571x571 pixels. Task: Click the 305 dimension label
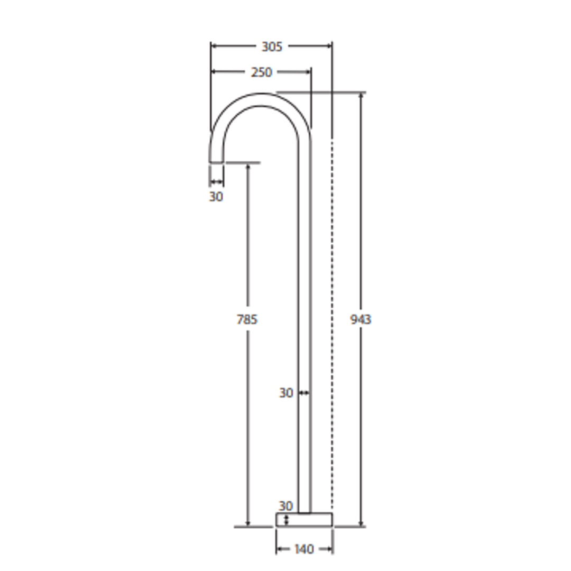coord(272,47)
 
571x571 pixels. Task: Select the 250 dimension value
coord(261,72)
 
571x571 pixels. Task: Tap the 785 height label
coord(247,319)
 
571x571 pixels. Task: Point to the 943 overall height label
coord(361,319)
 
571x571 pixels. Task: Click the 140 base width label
coord(303,549)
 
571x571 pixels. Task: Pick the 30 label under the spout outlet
coord(216,197)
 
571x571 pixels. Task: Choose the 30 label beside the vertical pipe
coord(286,393)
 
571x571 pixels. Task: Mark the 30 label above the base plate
coord(285,506)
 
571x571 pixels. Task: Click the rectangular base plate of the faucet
coord(304,520)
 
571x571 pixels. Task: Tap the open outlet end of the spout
coord(216,162)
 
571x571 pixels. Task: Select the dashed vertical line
coord(332,317)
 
